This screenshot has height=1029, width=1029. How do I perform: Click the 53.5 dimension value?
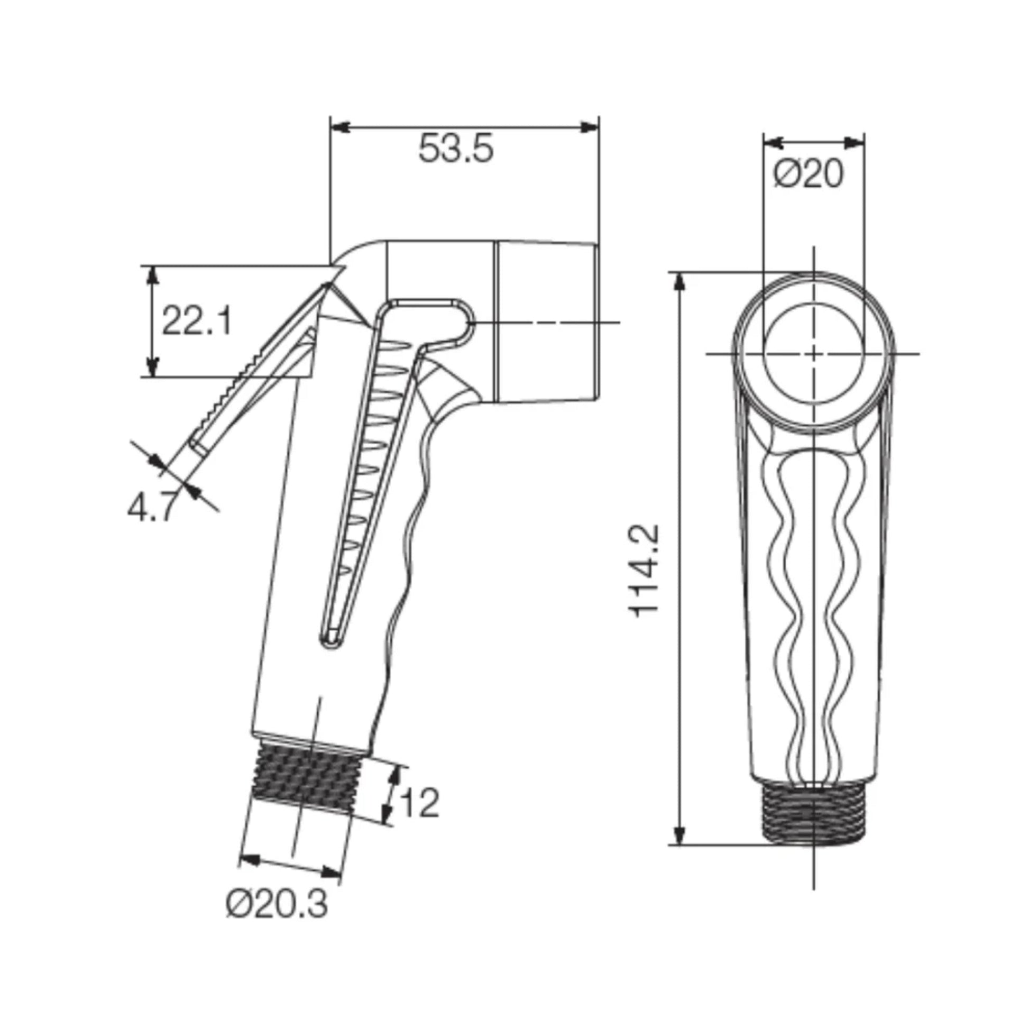coord(456,149)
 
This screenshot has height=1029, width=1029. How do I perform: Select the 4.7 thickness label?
coord(150,509)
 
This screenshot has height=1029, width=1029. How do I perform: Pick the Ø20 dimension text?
coord(809,173)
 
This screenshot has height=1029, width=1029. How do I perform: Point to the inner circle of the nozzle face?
coord(813,353)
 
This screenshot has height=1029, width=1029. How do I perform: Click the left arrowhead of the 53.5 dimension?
coord(340,128)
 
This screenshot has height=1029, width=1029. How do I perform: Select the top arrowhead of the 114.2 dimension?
coord(679,282)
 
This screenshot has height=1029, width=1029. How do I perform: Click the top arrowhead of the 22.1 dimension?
coord(153,275)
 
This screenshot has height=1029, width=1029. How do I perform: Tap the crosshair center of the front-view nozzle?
coord(813,353)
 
